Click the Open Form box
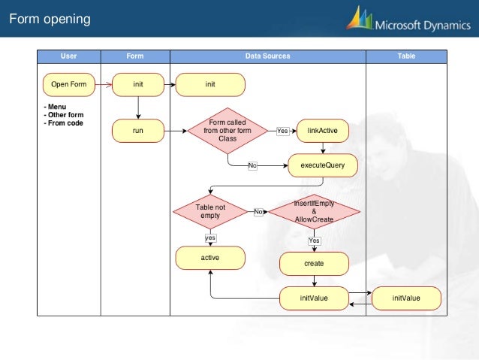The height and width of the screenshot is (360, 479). pos(68,84)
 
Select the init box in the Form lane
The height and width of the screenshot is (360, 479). pos(138,84)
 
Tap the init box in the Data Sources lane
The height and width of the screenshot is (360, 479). pos(210,84)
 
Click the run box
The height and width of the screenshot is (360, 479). pos(138,131)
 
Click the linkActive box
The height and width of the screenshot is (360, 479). pos(322,131)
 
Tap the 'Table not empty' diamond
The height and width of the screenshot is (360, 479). pos(210,211)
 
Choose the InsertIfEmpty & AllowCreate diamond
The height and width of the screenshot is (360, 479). pos(314,211)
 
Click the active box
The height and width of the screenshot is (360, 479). pos(209,258)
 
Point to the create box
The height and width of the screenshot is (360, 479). pos(314,264)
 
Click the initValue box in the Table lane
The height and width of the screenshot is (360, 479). pos(406,298)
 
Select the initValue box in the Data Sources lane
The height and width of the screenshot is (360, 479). pos(314,298)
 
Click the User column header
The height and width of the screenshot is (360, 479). pos(68,56)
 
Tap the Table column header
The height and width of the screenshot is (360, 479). pos(405,56)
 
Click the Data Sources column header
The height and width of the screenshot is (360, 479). pos(267,56)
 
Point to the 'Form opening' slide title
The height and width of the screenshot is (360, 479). pos(50,19)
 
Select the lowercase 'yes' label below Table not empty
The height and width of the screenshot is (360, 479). pos(211,237)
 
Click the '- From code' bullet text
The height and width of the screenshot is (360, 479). pos(64,123)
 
